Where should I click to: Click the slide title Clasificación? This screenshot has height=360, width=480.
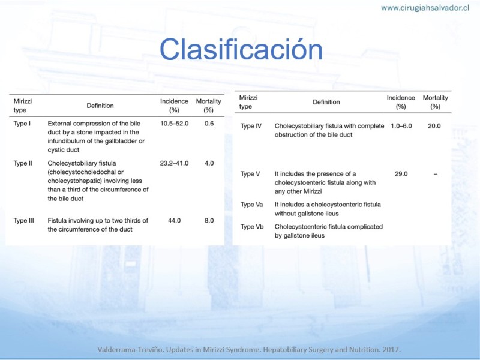tap(241, 49)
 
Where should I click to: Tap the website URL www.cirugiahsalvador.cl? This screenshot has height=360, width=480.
tap(425, 8)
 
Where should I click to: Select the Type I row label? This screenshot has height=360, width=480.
tap(22, 124)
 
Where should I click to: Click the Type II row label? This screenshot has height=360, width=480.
tap(23, 163)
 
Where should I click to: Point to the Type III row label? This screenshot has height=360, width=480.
tap(23, 220)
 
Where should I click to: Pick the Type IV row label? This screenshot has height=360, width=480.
tap(251, 126)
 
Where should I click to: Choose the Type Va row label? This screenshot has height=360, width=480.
tap(251, 205)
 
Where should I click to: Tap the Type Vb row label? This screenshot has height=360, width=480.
tap(252, 227)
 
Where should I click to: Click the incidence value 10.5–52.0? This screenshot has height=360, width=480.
tap(174, 124)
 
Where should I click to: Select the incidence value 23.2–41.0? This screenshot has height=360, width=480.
tap(174, 163)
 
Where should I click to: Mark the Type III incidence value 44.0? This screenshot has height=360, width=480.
tap(174, 220)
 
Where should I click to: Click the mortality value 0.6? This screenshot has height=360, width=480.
tap(209, 124)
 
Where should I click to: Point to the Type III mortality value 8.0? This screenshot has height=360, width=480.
tap(209, 220)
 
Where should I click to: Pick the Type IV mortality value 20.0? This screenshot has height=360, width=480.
tap(434, 126)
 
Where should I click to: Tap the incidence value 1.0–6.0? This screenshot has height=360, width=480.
tap(401, 126)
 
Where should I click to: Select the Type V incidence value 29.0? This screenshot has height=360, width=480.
tap(401, 174)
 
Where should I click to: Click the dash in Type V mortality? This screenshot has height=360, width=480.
tap(436, 174)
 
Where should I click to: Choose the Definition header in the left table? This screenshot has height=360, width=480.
tap(100, 106)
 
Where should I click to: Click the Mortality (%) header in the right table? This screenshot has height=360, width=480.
tap(436, 102)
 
